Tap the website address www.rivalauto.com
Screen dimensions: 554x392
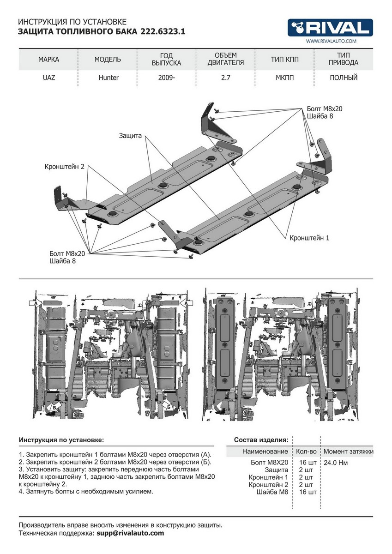[331, 42]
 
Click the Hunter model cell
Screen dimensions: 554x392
[109, 78]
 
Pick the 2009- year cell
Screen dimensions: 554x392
[167, 78]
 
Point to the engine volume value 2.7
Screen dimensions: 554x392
[226, 78]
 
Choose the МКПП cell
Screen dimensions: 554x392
[283, 78]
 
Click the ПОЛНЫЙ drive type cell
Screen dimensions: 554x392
[344, 78]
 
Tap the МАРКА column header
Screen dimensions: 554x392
[48, 60]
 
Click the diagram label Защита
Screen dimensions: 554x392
[130, 136]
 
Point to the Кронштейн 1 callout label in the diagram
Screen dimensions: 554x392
[309, 238]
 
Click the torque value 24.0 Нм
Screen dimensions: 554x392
[336, 462]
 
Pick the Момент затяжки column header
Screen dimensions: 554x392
[348, 451]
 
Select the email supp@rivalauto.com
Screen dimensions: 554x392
[130, 533]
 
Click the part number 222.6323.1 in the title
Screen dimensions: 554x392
[160, 32]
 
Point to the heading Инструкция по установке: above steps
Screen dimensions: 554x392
[61, 440]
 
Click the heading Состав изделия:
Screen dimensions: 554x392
[261, 440]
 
